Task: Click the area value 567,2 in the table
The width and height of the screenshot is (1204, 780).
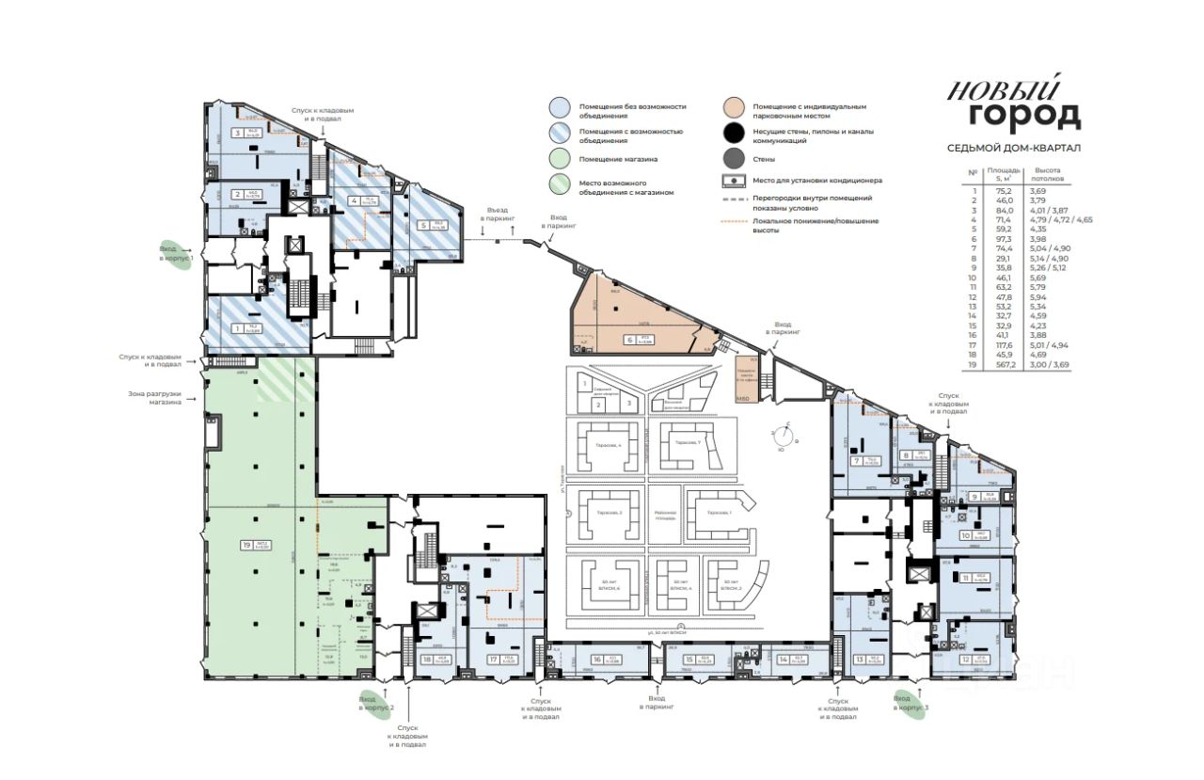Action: click(997, 363)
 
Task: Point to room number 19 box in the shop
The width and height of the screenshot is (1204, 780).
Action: click(246, 545)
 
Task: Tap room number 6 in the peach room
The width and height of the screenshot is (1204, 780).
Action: click(626, 340)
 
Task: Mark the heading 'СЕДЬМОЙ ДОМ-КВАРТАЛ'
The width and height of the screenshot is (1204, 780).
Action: click(1013, 148)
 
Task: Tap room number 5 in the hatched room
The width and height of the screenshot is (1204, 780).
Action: click(423, 226)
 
